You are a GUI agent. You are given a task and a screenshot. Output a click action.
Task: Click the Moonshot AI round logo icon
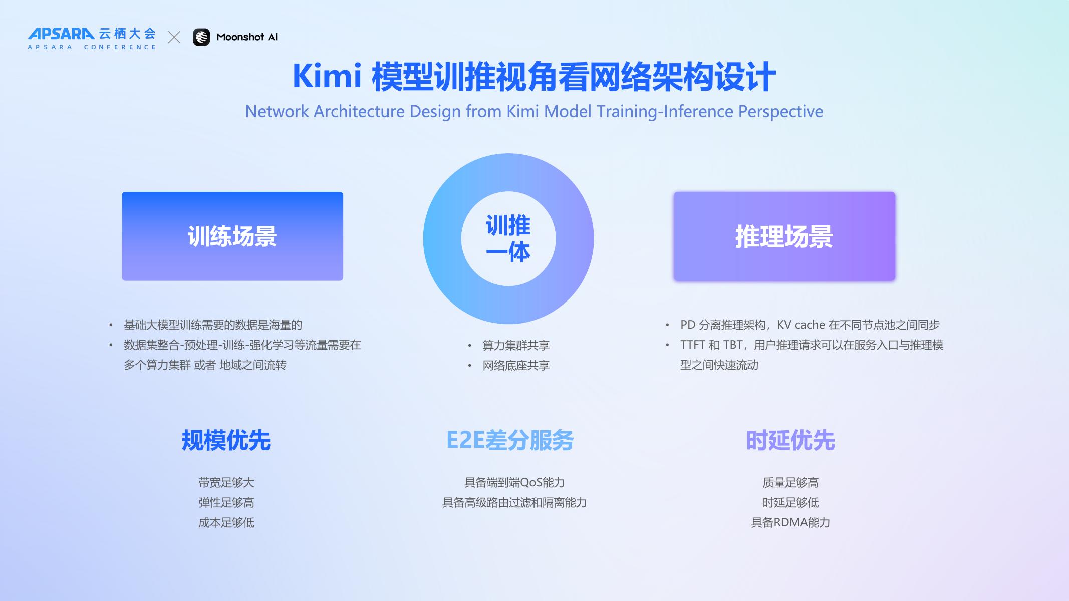tap(201, 37)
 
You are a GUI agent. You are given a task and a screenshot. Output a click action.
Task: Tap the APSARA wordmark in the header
tap(61, 34)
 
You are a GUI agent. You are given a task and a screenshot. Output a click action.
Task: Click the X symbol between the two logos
tap(174, 37)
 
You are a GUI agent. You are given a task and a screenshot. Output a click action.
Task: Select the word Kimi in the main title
tap(327, 76)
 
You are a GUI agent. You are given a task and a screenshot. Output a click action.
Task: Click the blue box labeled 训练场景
tap(232, 236)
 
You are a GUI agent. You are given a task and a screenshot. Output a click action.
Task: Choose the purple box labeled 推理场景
tap(784, 236)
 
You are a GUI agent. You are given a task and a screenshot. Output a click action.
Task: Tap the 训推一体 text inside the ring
tap(508, 239)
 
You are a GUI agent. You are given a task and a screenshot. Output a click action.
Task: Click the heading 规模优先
tap(226, 441)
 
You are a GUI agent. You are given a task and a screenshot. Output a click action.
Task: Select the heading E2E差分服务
tap(510, 441)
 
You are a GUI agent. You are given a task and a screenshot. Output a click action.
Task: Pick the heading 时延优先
tap(790, 441)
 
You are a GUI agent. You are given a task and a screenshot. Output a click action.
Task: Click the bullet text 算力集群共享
tap(516, 345)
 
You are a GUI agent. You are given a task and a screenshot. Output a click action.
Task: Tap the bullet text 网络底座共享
tap(516, 366)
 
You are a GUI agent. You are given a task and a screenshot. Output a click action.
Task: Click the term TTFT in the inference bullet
tap(692, 345)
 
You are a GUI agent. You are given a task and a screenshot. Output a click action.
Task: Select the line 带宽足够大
tap(226, 483)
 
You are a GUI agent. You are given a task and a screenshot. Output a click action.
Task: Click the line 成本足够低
tap(226, 523)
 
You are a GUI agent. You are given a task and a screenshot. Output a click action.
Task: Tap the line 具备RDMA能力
tap(790, 523)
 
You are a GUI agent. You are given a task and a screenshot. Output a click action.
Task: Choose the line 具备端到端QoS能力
tap(514, 483)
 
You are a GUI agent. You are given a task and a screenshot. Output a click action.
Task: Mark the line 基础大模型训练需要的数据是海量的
tap(213, 325)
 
